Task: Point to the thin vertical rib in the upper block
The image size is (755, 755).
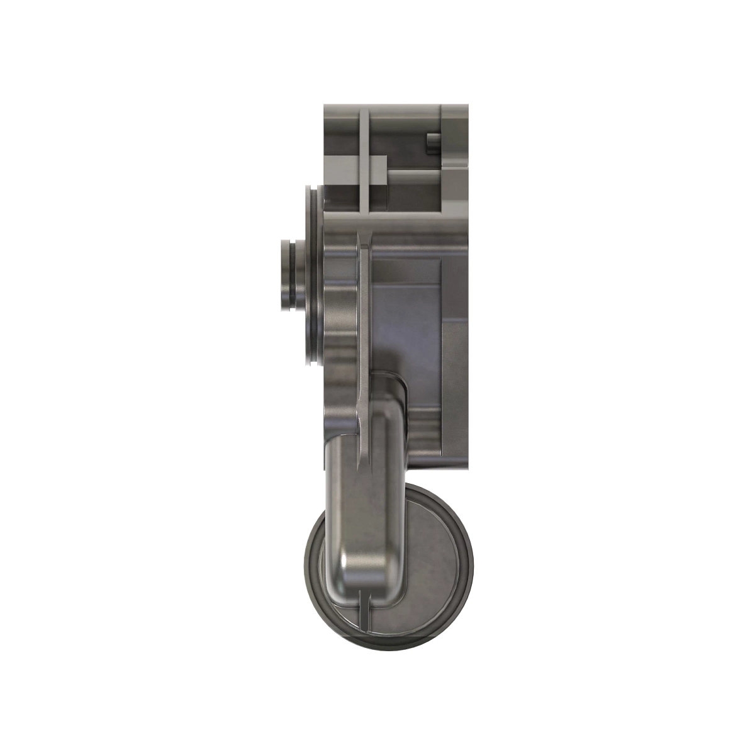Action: (x=364, y=157)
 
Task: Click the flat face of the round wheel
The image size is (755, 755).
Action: (x=434, y=554)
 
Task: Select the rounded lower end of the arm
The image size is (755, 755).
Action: (x=362, y=566)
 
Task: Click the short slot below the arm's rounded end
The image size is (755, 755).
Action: (x=364, y=610)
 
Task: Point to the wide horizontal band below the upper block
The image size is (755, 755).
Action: (x=396, y=221)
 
